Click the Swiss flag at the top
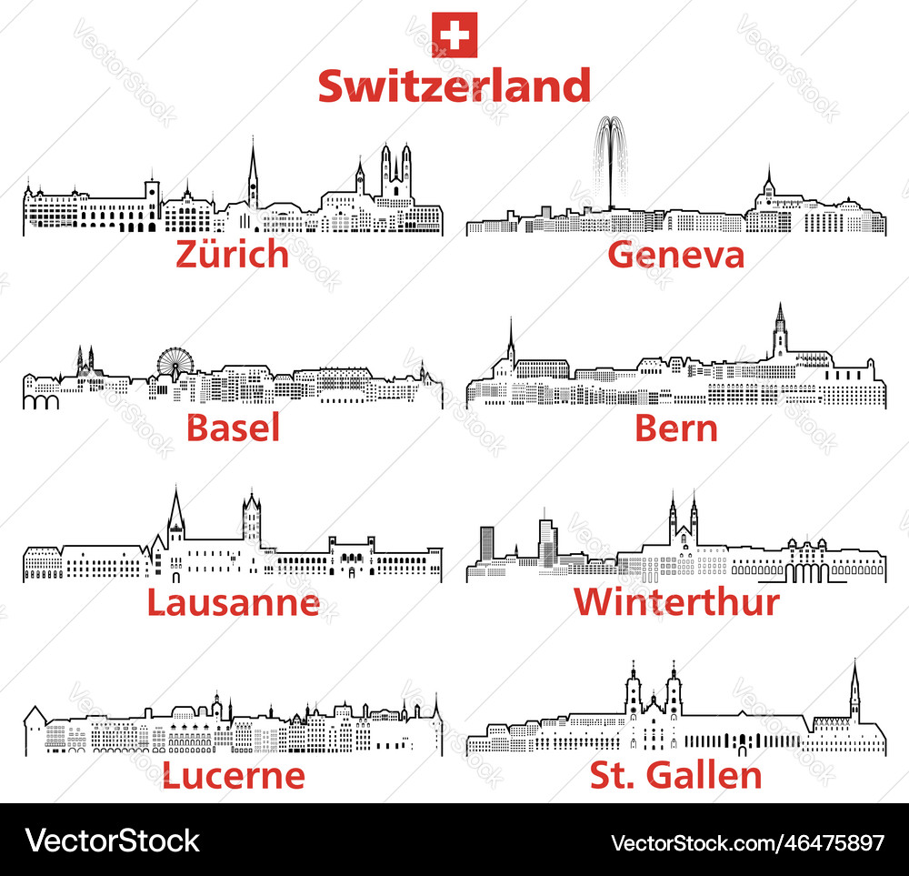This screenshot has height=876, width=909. tap(454, 35)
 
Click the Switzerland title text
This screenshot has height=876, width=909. tap(454, 86)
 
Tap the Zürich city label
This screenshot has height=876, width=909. tap(232, 255)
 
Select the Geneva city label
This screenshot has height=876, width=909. tap(675, 255)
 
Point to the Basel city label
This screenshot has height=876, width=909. tap(233, 428)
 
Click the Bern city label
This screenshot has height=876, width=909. tap(676, 428)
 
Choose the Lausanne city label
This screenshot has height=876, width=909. tap(233, 601)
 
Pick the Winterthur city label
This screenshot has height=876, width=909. tap(676, 601)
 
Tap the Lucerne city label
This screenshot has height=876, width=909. tap(233, 775)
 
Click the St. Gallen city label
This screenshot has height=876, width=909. tap(676, 775)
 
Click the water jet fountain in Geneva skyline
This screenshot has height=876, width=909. tap(611, 159)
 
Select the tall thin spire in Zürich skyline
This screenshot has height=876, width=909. tap(253, 173)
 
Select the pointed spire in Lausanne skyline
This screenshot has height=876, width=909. tap(175, 516)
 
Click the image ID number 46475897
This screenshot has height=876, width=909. tap(825, 841)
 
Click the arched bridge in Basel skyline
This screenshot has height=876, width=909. tap(41, 400)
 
